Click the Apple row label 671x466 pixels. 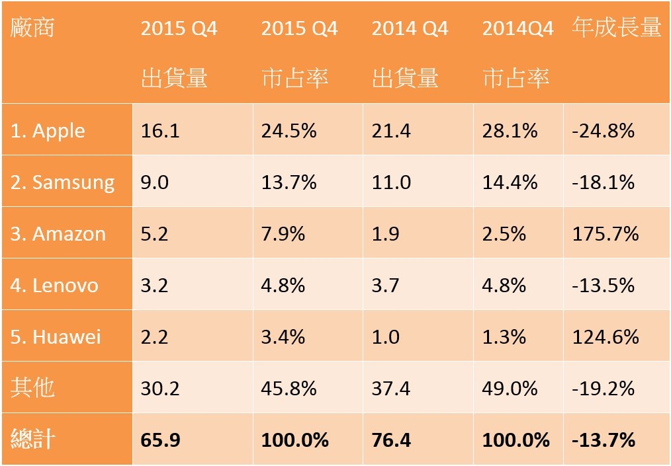point(48,131)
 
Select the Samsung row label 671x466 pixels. point(62,183)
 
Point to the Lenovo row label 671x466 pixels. point(54,285)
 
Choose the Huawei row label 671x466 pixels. point(56,337)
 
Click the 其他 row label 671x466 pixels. point(32,387)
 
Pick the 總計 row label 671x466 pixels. point(32,439)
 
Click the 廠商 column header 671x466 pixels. point(32,27)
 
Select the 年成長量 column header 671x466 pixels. point(617,27)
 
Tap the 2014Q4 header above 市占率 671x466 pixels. point(517,28)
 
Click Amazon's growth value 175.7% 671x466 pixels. point(605,234)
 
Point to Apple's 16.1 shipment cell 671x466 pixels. point(160,131)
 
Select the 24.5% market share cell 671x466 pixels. point(289,131)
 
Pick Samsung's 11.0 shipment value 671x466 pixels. point(391,182)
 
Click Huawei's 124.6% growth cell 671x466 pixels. point(605,337)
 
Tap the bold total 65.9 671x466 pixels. point(161,440)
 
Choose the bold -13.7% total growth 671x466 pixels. point(604,440)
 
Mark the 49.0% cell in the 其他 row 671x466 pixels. point(510,389)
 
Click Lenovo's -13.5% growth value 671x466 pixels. point(603,285)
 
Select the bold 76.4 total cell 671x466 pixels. point(391,440)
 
